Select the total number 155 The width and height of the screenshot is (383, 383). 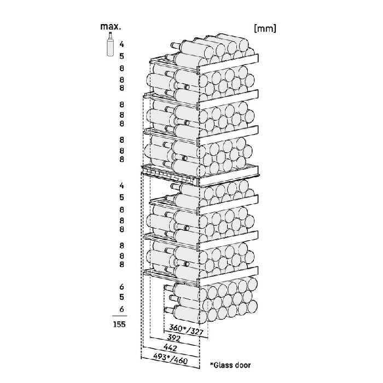118,324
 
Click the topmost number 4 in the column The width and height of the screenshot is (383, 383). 122,43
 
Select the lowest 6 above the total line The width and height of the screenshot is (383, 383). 122,310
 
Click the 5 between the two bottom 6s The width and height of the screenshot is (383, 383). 122,298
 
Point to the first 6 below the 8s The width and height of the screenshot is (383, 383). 122,286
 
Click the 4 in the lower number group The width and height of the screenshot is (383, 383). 122,186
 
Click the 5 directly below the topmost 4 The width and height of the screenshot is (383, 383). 122,56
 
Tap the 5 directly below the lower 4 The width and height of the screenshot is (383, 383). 122,198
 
